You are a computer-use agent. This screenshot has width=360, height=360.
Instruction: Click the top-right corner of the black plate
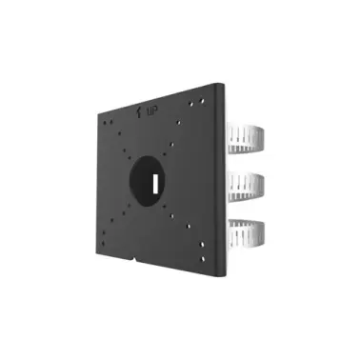pyautogui.click(x=221, y=83)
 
